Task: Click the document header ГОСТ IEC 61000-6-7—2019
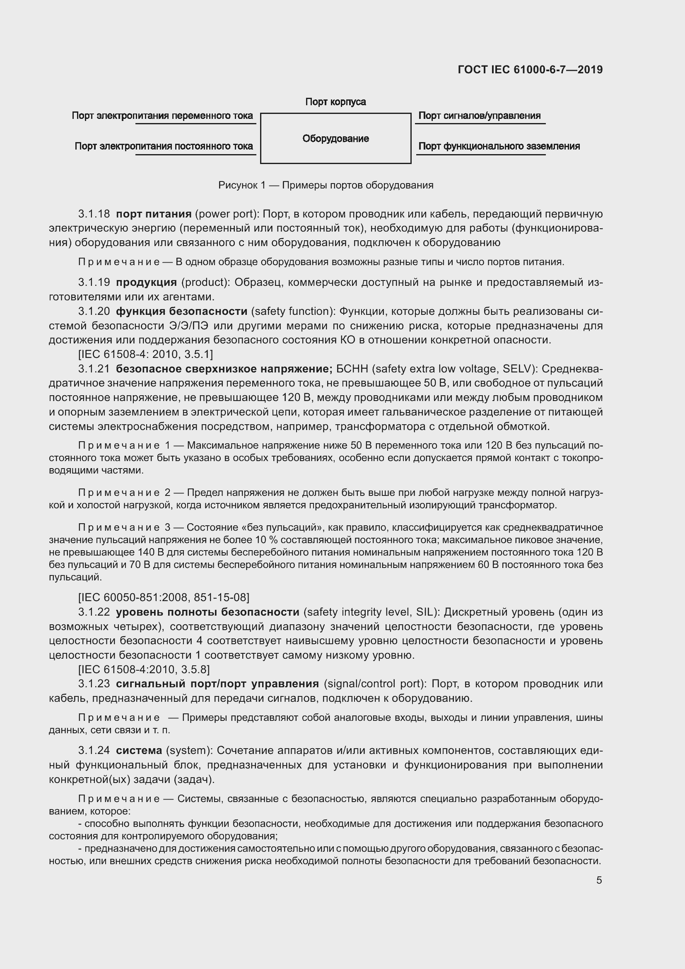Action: click(x=530, y=70)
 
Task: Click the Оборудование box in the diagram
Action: click(x=335, y=138)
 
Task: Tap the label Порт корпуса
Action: click(x=335, y=102)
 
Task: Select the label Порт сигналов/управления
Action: click(x=479, y=116)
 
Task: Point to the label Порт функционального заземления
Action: click(x=499, y=146)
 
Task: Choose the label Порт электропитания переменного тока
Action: click(x=162, y=116)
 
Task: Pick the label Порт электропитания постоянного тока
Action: click(x=164, y=146)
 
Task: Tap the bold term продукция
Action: click(x=146, y=282)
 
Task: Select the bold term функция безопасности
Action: click(x=181, y=311)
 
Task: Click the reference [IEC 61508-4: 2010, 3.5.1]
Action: click(x=145, y=354)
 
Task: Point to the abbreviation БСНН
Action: click(x=352, y=369)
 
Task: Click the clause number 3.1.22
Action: click(x=94, y=612)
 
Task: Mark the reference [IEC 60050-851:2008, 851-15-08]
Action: click(x=164, y=597)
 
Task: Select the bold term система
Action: click(x=139, y=750)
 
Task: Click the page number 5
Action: click(x=599, y=880)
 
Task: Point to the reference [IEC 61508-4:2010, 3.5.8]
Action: click(x=144, y=669)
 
